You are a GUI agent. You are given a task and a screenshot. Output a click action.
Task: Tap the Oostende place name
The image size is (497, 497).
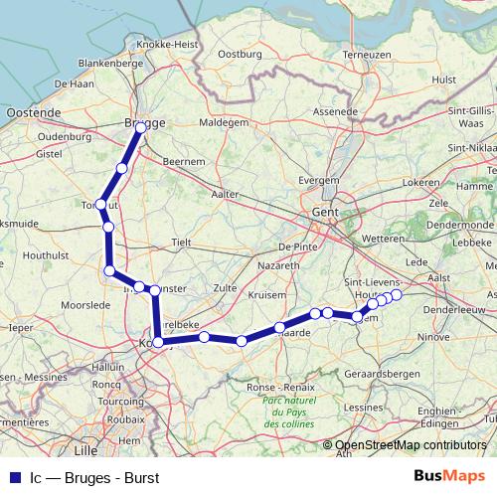[33, 114]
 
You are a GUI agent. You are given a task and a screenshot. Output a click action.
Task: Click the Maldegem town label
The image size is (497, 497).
[224, 123]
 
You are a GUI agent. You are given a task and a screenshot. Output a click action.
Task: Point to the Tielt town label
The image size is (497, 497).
[183, 242]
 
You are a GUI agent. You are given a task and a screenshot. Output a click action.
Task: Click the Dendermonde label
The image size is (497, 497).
[461, 225]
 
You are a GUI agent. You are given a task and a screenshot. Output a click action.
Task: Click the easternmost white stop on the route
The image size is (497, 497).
[397, 295]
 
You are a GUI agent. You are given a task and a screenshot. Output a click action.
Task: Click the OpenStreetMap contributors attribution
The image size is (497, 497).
[411, 446]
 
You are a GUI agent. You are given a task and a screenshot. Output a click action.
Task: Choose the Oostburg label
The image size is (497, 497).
[239, 54]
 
